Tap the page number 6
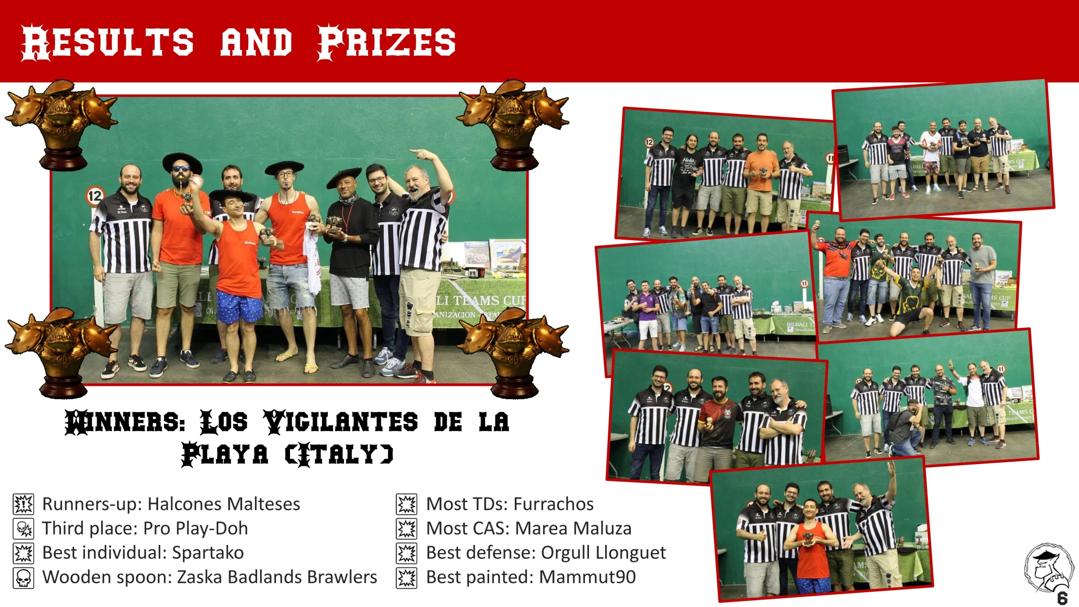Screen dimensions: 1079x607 click(1062, 598)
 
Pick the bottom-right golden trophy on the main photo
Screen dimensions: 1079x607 click(513, 353)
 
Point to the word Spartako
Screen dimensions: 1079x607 click(208, 553)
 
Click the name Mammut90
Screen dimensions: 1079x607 click(587, 577)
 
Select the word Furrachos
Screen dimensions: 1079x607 click(553, 504)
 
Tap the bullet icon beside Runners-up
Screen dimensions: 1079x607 click(23, 504)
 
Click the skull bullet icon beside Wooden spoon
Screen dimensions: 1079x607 click(23, 578)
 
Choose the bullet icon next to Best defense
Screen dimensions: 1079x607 click(407, 553)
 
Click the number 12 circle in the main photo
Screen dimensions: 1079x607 click(95, 196)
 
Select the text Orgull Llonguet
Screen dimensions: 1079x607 click(603, 553)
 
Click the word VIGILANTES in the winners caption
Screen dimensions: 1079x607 click(340, 422)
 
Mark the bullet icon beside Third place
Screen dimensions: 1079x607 click(23, 528)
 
